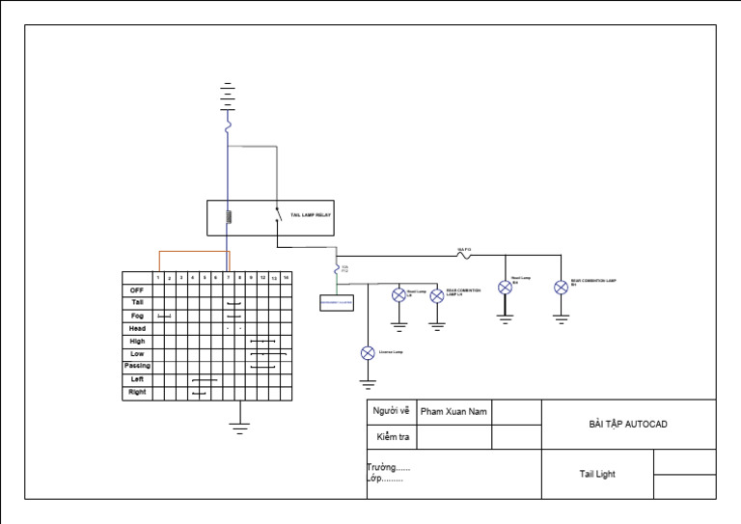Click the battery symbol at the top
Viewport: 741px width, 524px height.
coord(228,95)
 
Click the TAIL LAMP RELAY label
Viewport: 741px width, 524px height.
coord(311,215)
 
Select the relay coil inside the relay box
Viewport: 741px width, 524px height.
coord(228,216)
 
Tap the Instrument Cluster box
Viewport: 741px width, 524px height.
coord(337,302)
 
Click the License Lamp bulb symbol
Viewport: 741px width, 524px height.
coord(367,353)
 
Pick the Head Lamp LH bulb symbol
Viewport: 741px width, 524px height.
coord(398,295)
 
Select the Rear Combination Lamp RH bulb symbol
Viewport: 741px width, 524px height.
coord(561,287)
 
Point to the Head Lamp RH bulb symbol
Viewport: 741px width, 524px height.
coord(504,287)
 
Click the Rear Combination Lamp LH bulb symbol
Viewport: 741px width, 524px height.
coord(437,295)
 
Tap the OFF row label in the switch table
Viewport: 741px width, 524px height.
coord(137,290)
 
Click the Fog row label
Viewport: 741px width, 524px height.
coord(137,316)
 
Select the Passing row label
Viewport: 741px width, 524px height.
coord(137,367)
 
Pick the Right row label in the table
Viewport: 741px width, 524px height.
coord(137,393)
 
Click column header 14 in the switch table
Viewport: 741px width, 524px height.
coord(286,277)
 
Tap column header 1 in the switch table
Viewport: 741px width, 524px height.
coord(158,277)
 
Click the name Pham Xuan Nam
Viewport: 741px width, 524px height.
coord(453,412)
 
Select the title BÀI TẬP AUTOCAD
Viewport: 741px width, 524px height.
coord(628,424)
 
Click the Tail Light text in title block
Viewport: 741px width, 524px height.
coord(597,474)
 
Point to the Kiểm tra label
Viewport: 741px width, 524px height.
coord(392,437)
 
